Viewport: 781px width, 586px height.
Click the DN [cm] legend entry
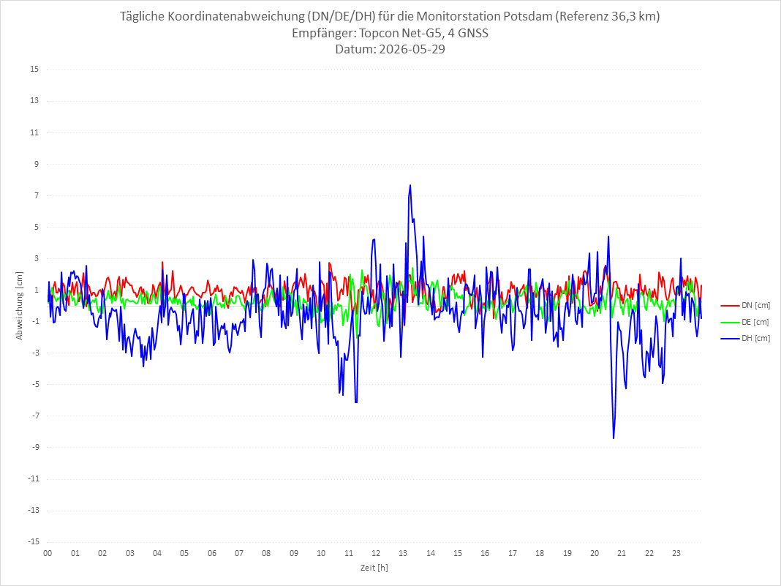(745, 306)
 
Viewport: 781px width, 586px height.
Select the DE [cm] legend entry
(744, 322)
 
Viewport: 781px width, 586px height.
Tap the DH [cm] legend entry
(745, 338)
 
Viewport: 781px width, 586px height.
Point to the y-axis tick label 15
(34, 70)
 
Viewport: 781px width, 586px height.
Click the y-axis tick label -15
(33, 541)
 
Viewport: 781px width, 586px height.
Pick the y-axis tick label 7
(37, 195)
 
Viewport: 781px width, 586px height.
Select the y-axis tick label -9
(35, 447)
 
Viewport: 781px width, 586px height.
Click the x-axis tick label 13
(403, 553)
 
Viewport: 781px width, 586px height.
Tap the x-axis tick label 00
(48, 553)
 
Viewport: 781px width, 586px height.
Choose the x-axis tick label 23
(676, 553)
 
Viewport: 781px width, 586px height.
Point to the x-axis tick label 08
(266, 553)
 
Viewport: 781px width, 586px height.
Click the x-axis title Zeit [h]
(374, 568)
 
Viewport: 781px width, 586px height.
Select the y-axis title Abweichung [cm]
(20, 306)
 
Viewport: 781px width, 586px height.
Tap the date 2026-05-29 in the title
(412, 49)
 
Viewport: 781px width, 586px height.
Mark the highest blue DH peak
(410, 185)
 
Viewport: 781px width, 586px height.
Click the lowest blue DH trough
(614, 438)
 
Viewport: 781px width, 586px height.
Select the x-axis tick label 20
(595, 553)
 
